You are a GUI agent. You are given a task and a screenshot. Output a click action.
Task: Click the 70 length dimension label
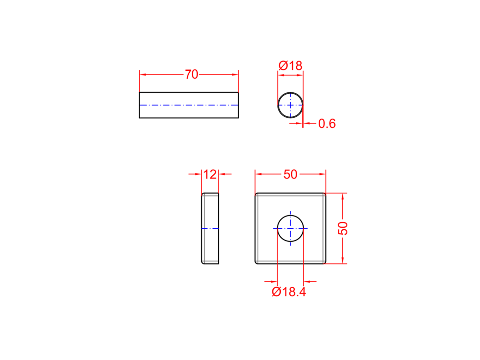tap(191, 75)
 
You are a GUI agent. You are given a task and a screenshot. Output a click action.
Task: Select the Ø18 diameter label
tap(290, 66)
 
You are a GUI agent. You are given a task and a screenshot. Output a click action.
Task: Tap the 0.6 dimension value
tap(327, 123)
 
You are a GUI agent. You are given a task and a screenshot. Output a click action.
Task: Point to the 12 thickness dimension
tap(210, 174)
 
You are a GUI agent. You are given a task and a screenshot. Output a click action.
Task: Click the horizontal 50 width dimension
tap(290, 174)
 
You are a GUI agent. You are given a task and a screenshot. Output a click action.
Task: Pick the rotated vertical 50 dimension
tap(343, 228)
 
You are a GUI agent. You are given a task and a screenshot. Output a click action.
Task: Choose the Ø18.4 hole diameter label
tap(289, 292)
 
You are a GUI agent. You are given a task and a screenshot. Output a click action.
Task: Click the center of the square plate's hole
tap(290, 228)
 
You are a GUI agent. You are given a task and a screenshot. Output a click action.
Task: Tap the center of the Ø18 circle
tap(290, 105)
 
